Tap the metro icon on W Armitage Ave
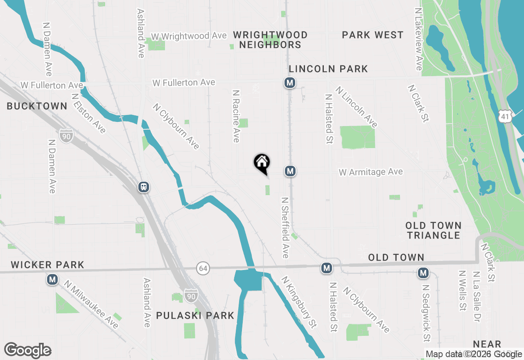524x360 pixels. pyautogui.click(x=290, y=171)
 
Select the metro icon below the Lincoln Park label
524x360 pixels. pyautogui.click(x=290, y=83)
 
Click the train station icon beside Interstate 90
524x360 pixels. pyautogui.click(x=144, y=187)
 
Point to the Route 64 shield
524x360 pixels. pyautogui.click(x=203, y=268)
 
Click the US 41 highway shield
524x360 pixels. pyautogui.click(x=505, y=117)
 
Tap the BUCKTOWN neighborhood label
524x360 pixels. pyautogui.click(x=37, y=106)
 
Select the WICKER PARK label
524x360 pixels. pyautogui.click(x=47, y=265)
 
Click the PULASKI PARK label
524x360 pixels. pyautogui.click(x=195, y=315)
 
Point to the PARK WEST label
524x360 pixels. pyautogui.click(x=373, y=35)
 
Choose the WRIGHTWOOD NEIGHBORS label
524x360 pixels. pyautogui.click(x=270, y=40)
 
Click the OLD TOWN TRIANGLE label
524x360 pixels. pyautogui.click(x=434, y=230)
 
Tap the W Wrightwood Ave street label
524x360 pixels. pyautogui.click(x=189, y=36)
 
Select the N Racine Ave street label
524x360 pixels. pyautogui.click(x=235, y=117)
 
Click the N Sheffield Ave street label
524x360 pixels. pyautogui.click(x=285, y=227)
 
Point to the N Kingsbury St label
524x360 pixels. pyautogui.click(x=299, y=302)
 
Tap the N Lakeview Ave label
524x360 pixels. pyautogui.click(x=418, y=39)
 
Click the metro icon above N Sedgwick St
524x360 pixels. pyautogui.click(x=423, y=272)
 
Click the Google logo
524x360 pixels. pyautogui.click(x=28, y=351)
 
